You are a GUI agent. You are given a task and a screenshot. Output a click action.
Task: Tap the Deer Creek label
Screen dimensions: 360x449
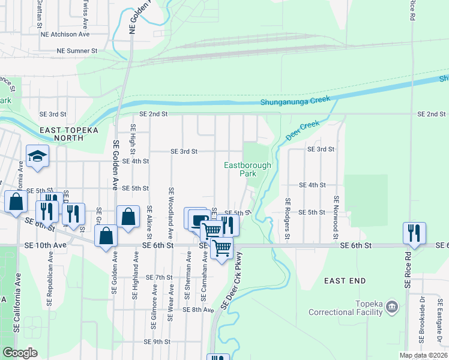tap(301, 130)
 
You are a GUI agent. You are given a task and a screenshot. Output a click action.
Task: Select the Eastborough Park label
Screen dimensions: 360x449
tap(248, 169)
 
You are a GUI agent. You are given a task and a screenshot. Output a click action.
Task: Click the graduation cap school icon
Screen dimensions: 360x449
tap(38, 156)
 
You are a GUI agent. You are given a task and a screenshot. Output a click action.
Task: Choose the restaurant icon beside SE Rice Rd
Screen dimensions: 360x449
tap(414, 232)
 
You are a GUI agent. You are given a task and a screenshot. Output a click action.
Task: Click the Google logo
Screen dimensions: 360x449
tap(20, 353)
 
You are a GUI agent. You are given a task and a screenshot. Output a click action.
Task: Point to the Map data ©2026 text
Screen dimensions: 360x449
tap(423, 355)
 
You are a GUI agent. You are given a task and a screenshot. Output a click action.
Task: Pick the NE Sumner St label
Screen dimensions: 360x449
tap(68, 52)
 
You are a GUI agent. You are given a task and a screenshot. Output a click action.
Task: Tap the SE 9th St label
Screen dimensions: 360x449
tap(157, 341)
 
